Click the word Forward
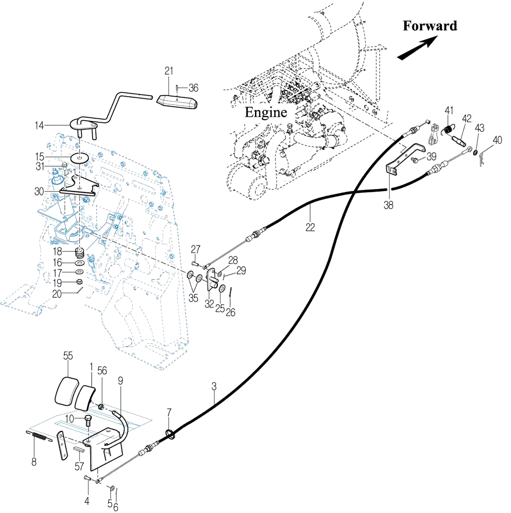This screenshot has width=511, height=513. point(430,26)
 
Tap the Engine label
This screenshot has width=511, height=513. point(266,112)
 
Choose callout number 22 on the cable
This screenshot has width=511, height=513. point(311,227)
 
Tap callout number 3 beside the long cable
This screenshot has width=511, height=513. point(214,386)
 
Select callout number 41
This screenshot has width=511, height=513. point(449,110)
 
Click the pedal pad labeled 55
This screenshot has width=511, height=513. point(68,390)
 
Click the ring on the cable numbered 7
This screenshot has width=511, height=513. point(169,434)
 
